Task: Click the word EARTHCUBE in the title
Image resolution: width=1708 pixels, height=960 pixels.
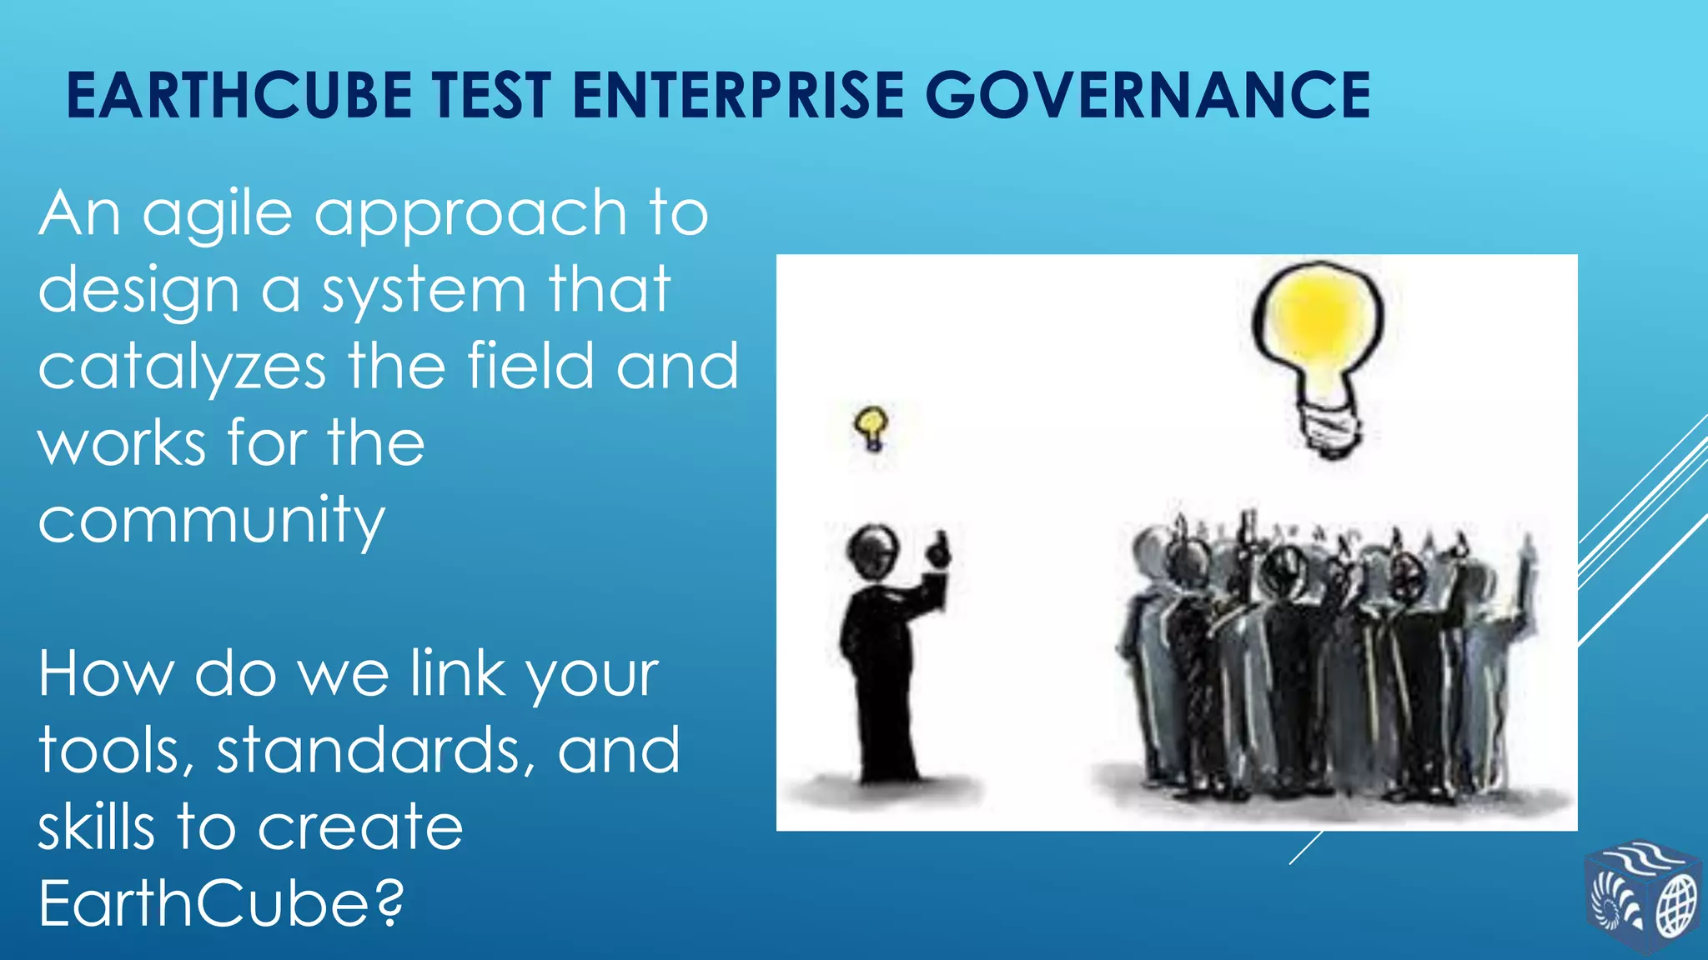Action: tap(239, 95)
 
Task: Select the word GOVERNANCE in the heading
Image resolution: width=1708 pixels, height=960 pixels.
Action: tap(1148, 95)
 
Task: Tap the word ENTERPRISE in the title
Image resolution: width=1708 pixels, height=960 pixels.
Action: tap(738, 95)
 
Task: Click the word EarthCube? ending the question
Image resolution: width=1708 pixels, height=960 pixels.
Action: tap(221, 903)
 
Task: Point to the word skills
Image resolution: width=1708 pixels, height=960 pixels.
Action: tap(96, 827)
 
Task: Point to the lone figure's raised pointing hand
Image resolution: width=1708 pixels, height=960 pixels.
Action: tap(938, 550)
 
